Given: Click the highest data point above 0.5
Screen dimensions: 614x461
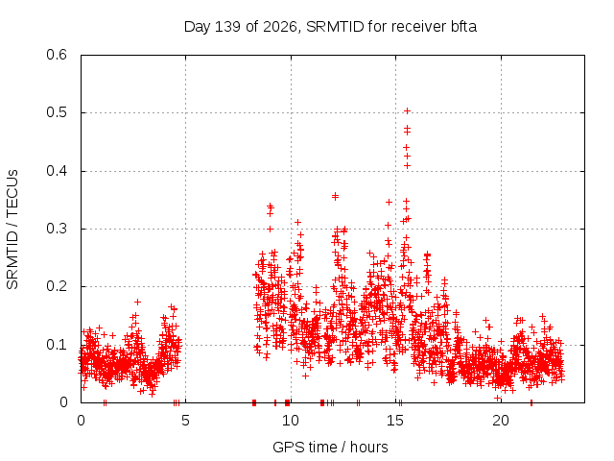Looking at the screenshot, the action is (407, 111).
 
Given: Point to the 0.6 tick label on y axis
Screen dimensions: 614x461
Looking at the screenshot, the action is (57, 55).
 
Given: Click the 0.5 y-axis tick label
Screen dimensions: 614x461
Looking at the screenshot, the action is (57, 112).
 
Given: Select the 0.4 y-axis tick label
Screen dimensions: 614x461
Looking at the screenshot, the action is (57, 171).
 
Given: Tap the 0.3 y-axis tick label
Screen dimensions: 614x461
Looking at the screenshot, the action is (57, 229).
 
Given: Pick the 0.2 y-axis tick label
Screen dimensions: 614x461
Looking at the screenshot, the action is (57, 286).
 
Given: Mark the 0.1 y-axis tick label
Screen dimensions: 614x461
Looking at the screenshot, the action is (57, 345).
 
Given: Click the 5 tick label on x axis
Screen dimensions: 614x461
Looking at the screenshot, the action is (185, 421).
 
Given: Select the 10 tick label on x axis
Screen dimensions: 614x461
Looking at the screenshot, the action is (290, 421).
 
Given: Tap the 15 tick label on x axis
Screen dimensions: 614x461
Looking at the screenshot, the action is (395, 421).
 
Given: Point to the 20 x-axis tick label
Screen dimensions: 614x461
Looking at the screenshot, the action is (501, 421).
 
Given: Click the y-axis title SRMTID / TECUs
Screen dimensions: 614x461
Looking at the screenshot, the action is (12, 230).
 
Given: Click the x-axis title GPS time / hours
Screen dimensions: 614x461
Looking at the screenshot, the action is (330, 448).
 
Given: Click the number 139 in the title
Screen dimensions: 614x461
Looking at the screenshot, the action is (228, 27).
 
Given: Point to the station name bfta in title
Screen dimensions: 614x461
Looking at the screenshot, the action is (464, 27).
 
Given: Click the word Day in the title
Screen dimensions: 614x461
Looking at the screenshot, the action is (198, 27).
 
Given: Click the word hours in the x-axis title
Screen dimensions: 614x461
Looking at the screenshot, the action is (368, 448).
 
